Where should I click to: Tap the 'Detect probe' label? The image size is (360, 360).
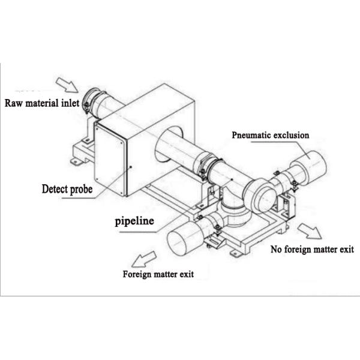click(67, 189)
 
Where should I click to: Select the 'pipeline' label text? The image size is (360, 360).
click(134, 221)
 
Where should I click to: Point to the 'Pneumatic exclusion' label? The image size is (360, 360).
click(271, 135)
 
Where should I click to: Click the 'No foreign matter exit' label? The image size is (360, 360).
click(312, 248)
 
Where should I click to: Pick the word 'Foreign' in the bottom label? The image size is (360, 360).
click(137, 275)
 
